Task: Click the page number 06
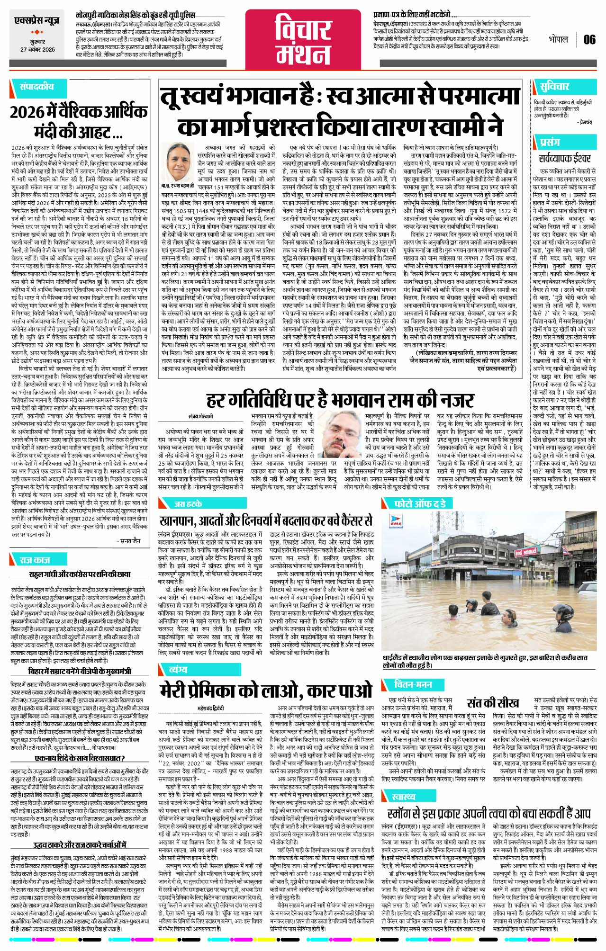click(589, 39)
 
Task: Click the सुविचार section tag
click(554, 87)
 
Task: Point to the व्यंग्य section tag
click(178, 669)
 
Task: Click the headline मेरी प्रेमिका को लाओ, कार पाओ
click(267, 690)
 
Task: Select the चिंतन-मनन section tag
click(413, 684)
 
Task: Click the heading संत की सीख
click(492, 703)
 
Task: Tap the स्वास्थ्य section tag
click(403, 796)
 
